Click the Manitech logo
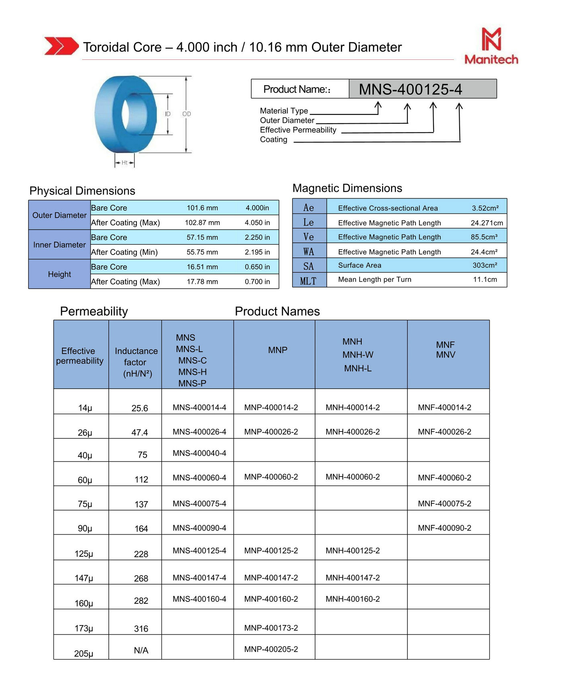(x=491, y=46)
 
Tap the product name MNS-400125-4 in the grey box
(x=410, y=89)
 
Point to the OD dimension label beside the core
(x=187, y=114)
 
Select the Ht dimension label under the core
(x=124, y=163)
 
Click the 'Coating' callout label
(x=273, y=140)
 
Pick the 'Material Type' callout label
(x=284, y=111)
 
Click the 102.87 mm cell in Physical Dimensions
(x=202, y=223)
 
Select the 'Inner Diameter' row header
(x=59, y=245)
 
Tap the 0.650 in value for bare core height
(x=257, y=267)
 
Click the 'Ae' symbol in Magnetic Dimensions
(x=309, y=208)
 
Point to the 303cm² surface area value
(x=485, y=265)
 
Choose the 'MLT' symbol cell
(x=308, y=281)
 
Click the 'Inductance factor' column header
(x=136, y=362)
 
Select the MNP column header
(x=278, y=350)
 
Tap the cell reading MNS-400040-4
(x=200, y=453)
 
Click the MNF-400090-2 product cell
(x=444, y=528)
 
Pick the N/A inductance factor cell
(x=141, y=650)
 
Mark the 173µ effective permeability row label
(x=84, y=628)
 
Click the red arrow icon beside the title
(x=61, y=46)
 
